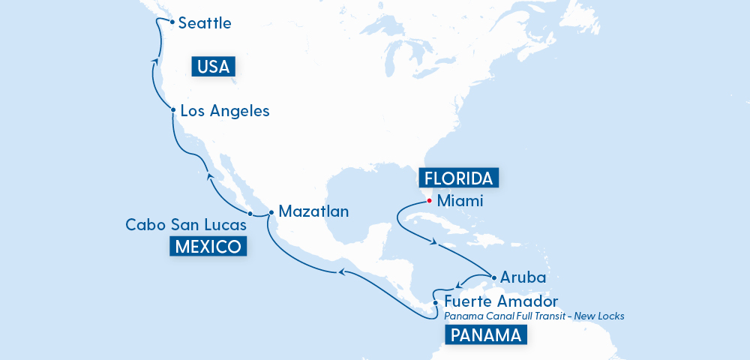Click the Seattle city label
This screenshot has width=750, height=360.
pyautogui.click(x=205, y=23)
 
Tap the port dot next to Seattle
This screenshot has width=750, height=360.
pyautogui.click(x=172, y=22)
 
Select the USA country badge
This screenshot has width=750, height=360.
pyautogui.click(x=214, y=67)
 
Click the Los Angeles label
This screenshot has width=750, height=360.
pyautogui.click(x=225, y=111)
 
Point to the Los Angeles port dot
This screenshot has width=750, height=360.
pyautogui.click(x=173, y=110)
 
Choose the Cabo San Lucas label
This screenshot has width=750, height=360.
pyautogui.click(x=184, y=224)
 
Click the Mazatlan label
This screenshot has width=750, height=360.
pyautogui.click(x=313, y=211)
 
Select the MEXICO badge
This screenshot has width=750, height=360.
pyautogui.click(x=208, y=246)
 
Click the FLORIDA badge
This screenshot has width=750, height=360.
pyautogui.click(x=458, y=178)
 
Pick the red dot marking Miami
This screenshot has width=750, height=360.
pyautogui.click(x=430, y=200)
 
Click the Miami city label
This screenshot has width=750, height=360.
pyautogui.click(x=460, y=201)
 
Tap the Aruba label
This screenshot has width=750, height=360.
pyautogui.click(x=523, y=277)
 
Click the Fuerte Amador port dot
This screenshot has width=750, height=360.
pyautogui.click(x=436, y=303)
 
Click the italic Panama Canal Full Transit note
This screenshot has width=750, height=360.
pyautogui.click(x=534, y=316)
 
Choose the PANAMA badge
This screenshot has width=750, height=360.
pyautogui.click(x=486, y=335)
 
